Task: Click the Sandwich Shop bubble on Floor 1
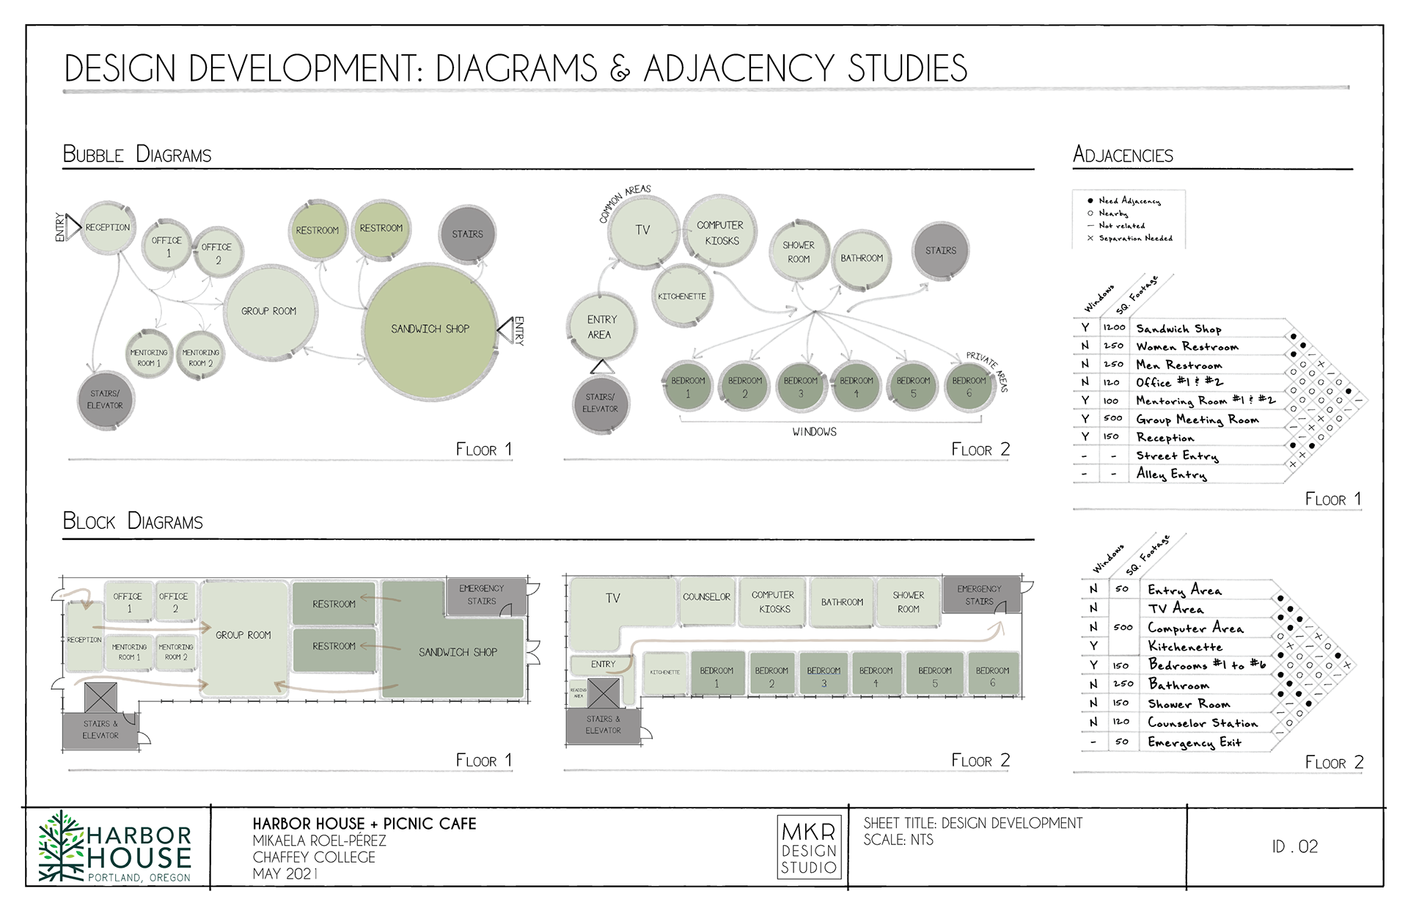[x=430, y=330]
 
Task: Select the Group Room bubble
[x=269, y=311]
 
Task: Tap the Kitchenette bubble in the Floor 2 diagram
[x=682, y=296]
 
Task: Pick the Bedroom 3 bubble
[x=801, y=387]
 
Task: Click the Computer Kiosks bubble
[x=720, y=233]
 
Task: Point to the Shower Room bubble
[x=799, y=252]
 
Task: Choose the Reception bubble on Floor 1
[x=108, y=227]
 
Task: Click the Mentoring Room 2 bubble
[x=200, y=357]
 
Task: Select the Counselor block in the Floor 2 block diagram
[x=706, y=598]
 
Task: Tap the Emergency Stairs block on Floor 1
[x=482, y=595]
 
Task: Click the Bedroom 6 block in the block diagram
[x=992, y=676]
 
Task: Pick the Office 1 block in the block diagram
[x=128, y=602]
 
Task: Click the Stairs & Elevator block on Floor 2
[x=603, y=725]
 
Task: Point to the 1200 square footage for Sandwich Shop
[x=1113, y=327]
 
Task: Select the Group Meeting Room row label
[x=1197, y=420]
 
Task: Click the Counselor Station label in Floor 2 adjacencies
[x=1202, y=723]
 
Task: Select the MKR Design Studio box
[x=809, y=848]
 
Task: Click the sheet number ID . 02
[x=1294, y=847]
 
